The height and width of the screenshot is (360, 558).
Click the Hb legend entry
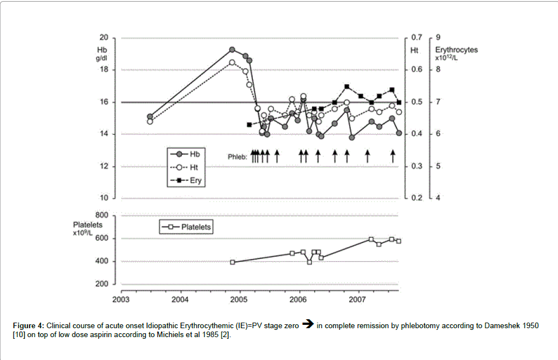pyautogui.click(x=187, y=152)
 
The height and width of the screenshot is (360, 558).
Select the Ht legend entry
pyautogui.click(x=187, y=166)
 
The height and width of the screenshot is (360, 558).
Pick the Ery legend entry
pyautogui.click(x=187, y=180)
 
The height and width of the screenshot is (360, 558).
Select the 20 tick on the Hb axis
pyautogui.click(x=103, y=38)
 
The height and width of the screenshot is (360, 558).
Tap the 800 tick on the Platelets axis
pyautogui.click(x=101, y=215)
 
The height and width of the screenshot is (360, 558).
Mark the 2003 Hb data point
pyautogui.click(x=150, y=117)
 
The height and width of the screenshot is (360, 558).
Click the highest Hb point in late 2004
pyautogui.click(x=232, y=50)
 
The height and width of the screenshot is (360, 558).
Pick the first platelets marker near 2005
pyautogui.click(x=233, y=262)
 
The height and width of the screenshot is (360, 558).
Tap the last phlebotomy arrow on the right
pyautogui.click(x=393, y=156)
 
